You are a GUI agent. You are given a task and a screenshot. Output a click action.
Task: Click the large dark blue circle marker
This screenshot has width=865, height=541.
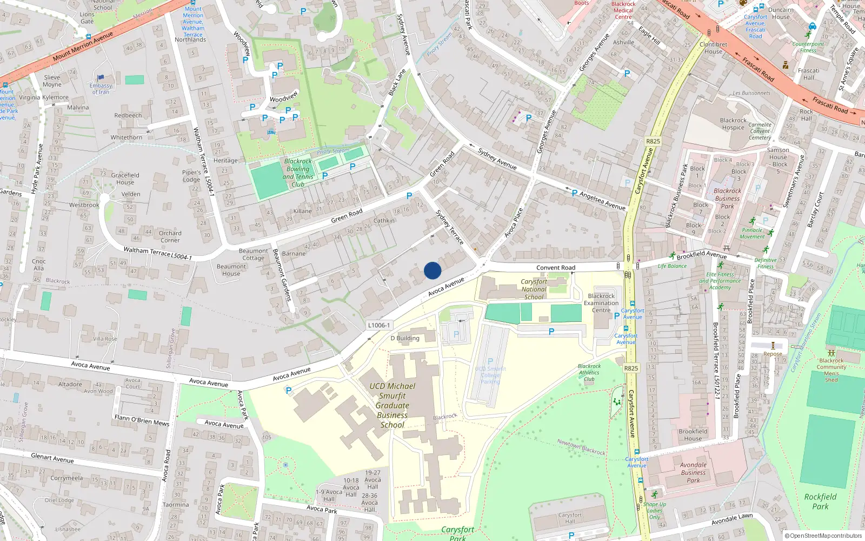coord(432,270)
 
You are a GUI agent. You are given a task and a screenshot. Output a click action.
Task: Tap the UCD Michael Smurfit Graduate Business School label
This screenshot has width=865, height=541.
coord(392,405)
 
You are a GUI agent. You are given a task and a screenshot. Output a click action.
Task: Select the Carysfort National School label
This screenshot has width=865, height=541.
coord(534,289)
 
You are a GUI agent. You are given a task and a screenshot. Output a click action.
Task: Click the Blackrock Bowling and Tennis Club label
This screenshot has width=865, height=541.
coord(298,173)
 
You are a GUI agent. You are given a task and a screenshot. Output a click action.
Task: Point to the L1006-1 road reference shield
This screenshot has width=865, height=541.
coord(378,325)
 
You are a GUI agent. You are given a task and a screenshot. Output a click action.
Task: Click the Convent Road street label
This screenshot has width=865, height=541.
coord(556,268)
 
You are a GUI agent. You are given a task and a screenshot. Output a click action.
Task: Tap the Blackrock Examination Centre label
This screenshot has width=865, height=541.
coord(601,303)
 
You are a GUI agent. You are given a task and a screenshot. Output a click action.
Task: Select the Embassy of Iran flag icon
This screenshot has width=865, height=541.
coord(101,78)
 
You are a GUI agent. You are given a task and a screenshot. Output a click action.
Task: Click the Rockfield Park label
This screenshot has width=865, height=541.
coord(820,502)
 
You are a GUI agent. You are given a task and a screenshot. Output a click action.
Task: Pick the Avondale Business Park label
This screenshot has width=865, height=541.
coord(693,472)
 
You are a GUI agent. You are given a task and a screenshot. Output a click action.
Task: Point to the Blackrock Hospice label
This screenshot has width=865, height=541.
coord(733,124)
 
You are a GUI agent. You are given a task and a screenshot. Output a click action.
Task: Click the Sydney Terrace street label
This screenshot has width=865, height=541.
coord(450,227)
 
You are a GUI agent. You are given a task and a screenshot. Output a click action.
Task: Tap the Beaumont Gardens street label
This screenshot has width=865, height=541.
coord(282,275)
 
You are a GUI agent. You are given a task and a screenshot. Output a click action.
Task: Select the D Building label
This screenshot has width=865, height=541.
coord(404,338)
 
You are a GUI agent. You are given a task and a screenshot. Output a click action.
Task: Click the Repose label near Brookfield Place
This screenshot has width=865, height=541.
coord(773,354)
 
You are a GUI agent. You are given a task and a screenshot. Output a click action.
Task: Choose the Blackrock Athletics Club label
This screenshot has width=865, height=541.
coord(589,372)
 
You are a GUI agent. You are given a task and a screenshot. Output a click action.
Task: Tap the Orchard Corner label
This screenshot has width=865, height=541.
coord(170,236)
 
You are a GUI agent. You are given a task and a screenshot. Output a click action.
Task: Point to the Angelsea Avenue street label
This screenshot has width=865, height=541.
coord(602,200)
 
